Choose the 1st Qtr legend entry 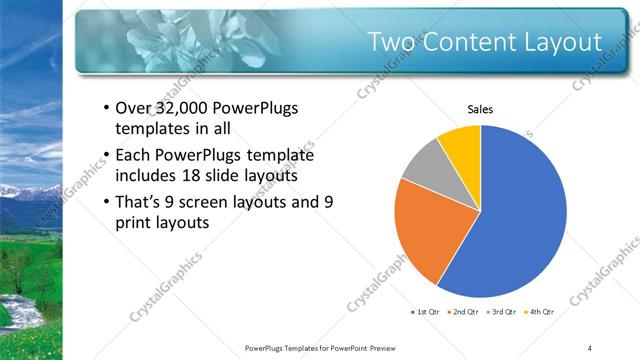[x=424, y=313]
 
